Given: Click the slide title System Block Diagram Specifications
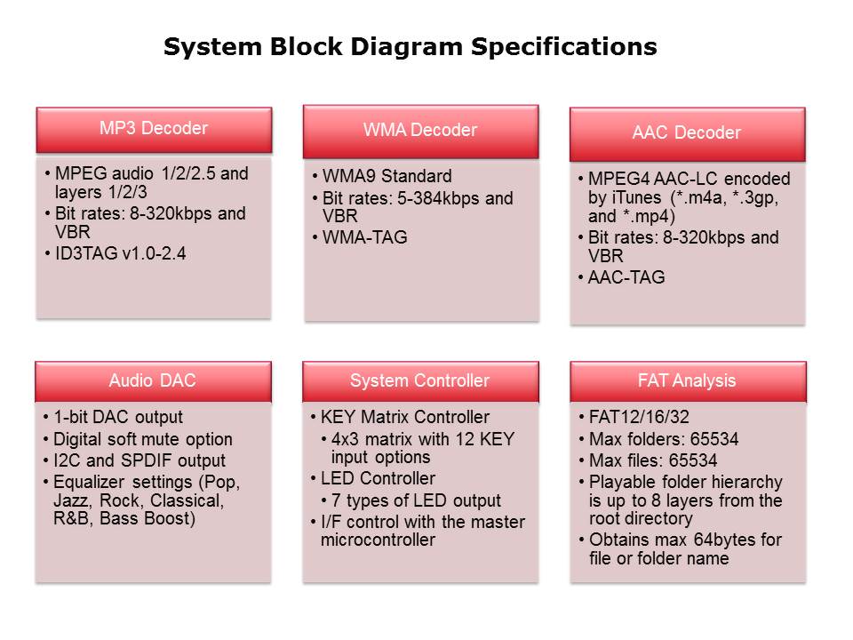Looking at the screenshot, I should [410, 47].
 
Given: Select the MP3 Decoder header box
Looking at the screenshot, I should [154, 129].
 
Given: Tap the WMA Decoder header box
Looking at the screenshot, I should [420, 131].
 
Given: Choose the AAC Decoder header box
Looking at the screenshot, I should [687, 133].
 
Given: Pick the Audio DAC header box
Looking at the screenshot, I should [153, 380].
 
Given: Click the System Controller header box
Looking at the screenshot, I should [419, 380].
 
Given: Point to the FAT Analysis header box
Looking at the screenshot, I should [687, 380].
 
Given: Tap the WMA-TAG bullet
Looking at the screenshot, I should [364, 237].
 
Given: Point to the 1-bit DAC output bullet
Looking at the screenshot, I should [118, 417].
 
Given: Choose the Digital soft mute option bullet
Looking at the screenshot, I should [142, 439].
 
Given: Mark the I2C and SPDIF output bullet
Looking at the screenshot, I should [140, 460].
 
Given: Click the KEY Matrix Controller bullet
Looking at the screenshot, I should [404, 417].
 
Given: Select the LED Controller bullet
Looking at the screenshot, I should [378, 478].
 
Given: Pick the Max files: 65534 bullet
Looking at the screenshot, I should [653, 460].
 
